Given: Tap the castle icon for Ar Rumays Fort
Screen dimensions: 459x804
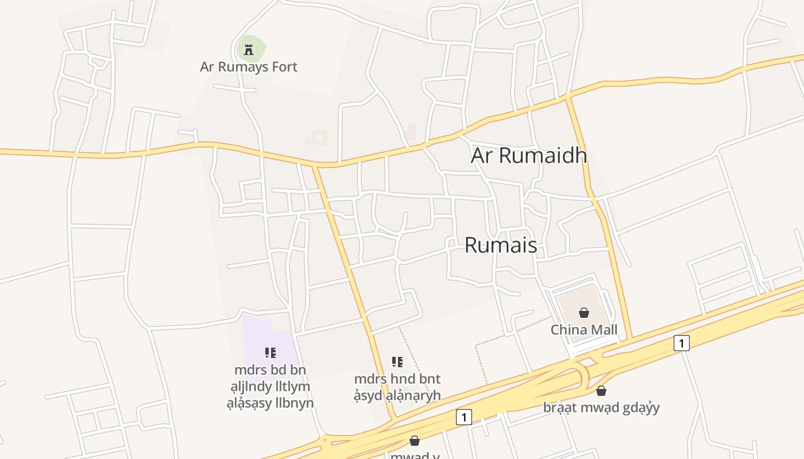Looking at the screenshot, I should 249,50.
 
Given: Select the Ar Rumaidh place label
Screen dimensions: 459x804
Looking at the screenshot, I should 529,155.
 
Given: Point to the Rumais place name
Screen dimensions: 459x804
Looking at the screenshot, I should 501,245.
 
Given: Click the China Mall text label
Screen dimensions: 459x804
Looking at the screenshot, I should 584,330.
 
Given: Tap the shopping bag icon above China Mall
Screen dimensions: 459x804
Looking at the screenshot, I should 584,313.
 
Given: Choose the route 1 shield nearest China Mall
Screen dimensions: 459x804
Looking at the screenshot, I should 681,343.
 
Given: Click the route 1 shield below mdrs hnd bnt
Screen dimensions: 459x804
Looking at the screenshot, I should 463,417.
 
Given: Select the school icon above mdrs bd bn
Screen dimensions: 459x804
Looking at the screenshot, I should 270,352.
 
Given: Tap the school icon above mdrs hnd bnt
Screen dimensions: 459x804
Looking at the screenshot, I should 397,362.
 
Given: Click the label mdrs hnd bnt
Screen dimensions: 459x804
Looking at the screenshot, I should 397,379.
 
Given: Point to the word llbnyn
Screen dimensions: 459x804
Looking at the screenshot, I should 294,403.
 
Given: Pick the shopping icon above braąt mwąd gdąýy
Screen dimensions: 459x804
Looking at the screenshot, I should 601,391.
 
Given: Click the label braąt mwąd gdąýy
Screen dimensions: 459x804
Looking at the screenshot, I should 601,408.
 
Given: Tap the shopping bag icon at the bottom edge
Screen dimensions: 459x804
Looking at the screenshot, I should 415,441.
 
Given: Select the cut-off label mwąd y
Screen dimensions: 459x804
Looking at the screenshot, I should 415,456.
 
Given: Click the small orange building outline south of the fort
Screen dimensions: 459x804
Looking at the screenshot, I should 316,138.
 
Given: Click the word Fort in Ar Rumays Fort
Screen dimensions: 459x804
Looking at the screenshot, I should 285,67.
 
